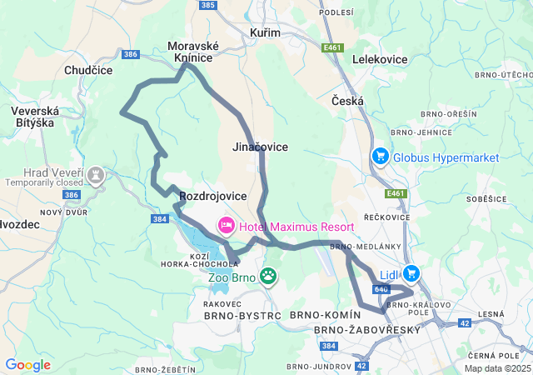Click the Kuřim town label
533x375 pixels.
[265, 32]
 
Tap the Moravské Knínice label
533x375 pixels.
[192, 52]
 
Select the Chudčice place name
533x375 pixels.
[88, 71]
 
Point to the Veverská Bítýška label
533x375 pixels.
[32, 117]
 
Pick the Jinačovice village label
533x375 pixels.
[260, 147]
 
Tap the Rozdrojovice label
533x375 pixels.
[213, 196]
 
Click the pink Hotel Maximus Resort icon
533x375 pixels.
[226, 226]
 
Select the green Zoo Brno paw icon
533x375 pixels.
[268, 276]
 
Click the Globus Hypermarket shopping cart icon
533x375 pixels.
[380, 157]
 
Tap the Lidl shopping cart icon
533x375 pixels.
[411, 272]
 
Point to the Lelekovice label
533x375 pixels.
[381, 60]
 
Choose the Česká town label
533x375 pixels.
[347, 101]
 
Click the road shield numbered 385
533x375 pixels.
[208, 5]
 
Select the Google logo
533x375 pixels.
[27, 365]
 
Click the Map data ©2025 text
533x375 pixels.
[496, 368]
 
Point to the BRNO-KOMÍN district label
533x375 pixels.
[326, 315]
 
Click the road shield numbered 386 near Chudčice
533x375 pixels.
[130, 54]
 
